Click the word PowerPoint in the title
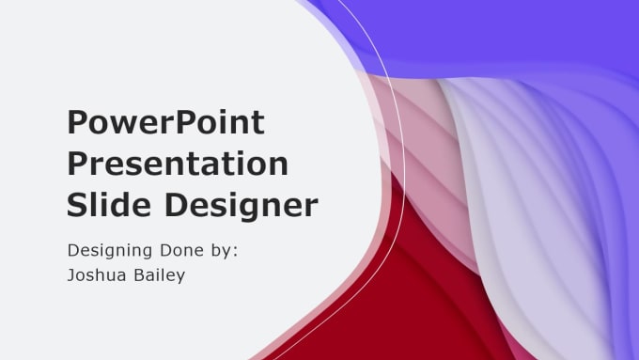point(165,123)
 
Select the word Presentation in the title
point(177,164)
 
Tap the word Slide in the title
point(106,204)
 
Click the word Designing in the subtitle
point(111,252)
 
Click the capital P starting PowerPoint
point(78,123)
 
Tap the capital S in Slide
point(77,204)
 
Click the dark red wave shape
point(395,291)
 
